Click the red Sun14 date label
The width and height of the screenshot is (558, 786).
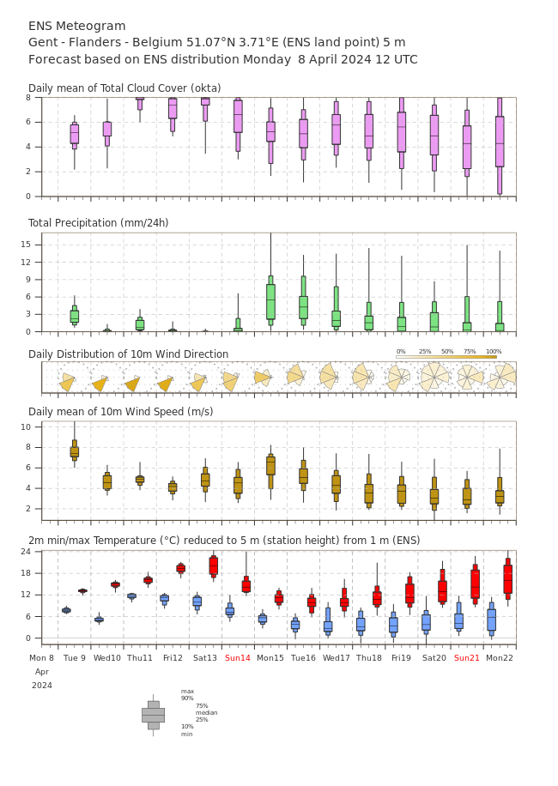[x=237, y=657]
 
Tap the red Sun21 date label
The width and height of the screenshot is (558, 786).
[x=467, y=657]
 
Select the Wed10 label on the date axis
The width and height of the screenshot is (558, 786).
[x=106, y=657]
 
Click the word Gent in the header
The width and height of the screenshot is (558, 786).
[x=40, y=42]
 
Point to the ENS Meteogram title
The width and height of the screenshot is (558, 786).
[x=76, y=26]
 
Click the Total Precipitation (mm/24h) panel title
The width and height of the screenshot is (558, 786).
[x=98, y=223]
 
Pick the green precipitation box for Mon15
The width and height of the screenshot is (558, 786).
[x=270, y=301]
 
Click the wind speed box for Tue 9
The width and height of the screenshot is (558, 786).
[x=74, y=450]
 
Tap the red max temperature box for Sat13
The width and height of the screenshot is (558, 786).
[x=213, y=565]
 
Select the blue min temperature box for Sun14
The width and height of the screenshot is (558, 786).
[x=229, y=610]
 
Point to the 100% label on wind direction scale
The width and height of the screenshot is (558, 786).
[x=494, y=352]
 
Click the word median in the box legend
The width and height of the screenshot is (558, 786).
[x=206, y=713]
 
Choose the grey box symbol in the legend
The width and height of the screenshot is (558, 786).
[x=154, y=716]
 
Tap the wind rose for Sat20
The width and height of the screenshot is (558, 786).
[x=434, y=377]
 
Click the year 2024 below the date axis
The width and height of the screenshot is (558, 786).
[x=42, y=686]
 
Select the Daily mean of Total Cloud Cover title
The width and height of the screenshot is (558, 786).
[x=124, y=88]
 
